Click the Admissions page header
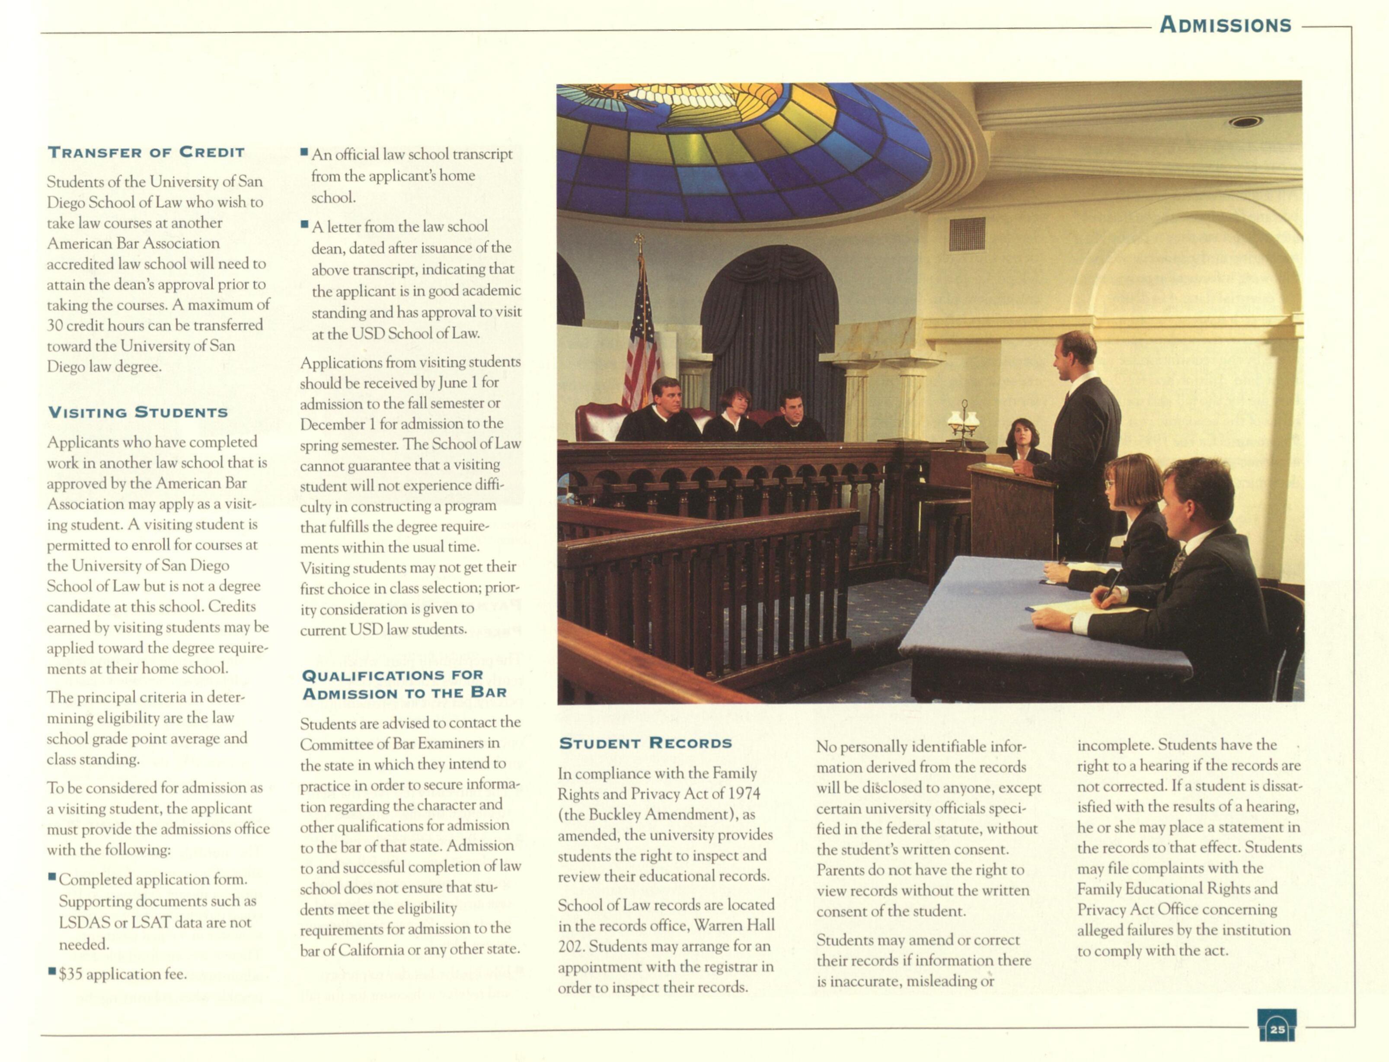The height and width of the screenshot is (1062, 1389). pos(1225,25)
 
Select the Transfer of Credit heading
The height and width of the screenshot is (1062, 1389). pos(146,152)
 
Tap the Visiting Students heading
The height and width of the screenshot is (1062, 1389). pos(138,413)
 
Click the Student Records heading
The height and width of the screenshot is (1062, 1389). pos(645,743)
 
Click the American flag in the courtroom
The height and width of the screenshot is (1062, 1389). pos(641,341)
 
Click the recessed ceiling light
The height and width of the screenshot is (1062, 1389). pos(1245,121)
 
